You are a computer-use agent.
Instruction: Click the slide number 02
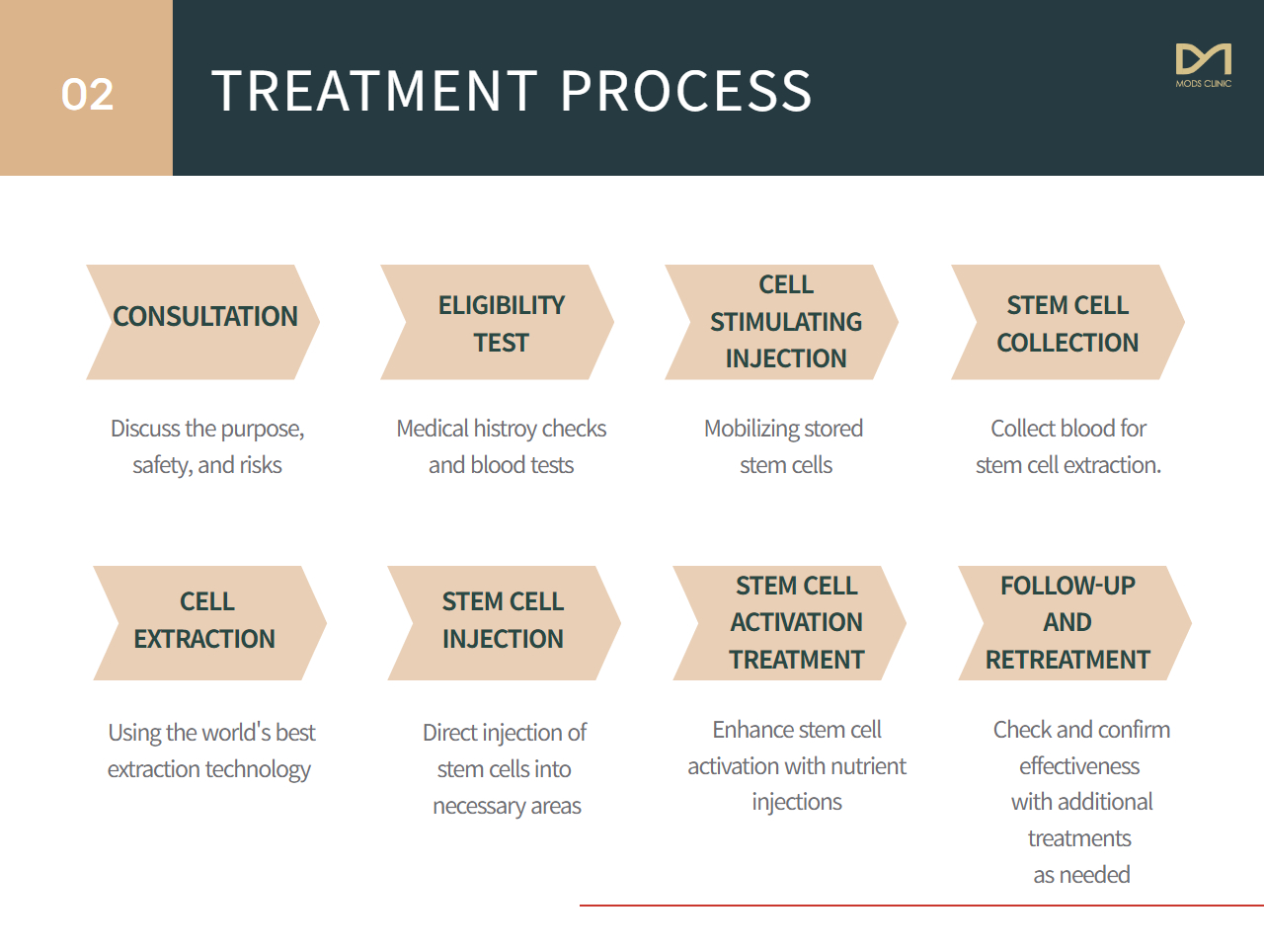(x=87, y=94)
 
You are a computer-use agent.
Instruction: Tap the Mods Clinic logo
(x=1203, y=65)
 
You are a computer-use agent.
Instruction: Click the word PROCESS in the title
(x=686, y=91)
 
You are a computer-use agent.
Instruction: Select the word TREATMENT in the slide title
(x=374, y=91)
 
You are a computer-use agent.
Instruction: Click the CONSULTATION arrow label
(x=205, y=316)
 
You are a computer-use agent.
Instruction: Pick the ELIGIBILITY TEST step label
(x=502, y=324)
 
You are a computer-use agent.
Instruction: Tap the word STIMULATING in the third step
(x=785, y=322)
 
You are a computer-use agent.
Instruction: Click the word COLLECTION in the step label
(x=1067, y=343)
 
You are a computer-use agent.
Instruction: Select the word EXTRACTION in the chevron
(x=204, y=639)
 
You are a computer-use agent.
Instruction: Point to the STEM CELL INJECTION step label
(x=503, y=620)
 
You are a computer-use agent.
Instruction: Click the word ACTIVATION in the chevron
(x=796, y=622)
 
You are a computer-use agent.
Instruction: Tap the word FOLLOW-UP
(x=1067, y=586)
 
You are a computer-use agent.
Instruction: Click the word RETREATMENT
(x=1067, y=660)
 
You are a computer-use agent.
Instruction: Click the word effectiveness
(x=1079, y=766)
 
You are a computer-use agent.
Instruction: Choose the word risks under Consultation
(x=261, y=465)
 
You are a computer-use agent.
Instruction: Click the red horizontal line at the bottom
(x=921, y=906)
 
